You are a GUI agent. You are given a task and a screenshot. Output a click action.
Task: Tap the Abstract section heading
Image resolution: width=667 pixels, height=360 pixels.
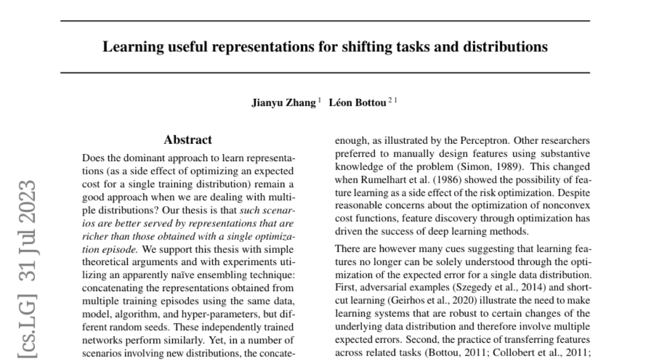coord(188,140)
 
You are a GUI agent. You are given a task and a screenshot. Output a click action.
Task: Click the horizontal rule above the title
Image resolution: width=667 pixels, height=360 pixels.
coord(325,21)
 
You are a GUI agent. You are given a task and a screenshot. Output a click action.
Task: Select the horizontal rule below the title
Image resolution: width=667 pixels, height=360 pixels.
coord(325,73)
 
